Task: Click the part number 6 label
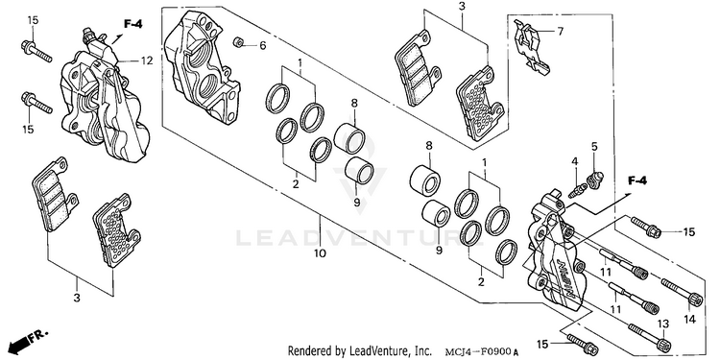click(263, 45)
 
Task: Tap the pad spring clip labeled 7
click(530, 47)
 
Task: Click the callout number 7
click(561, 32)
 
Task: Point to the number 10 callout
click(320, 253)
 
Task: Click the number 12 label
click(147, 60)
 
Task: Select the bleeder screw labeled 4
click(577, 190)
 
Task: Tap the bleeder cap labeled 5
click(595, 179)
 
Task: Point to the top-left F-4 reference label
click(132, 24)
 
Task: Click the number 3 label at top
click(462, 7)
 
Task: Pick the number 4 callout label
click(574, 161)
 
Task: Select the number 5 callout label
click(594, 147)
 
